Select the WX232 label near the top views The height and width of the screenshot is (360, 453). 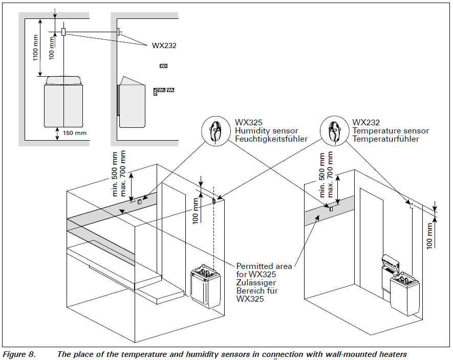click(x=164, y=45)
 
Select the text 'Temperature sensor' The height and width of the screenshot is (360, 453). click(x=391, y=131)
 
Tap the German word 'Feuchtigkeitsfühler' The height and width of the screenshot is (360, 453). click(x=271, y=139)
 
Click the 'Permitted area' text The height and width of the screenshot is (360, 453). click(x=264, y=266)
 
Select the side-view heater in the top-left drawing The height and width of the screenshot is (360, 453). click(x=132, y=102)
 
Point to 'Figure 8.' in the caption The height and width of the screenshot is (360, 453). click(x=19, y=354)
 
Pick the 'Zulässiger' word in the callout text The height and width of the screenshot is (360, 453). click(x=255, y=283)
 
